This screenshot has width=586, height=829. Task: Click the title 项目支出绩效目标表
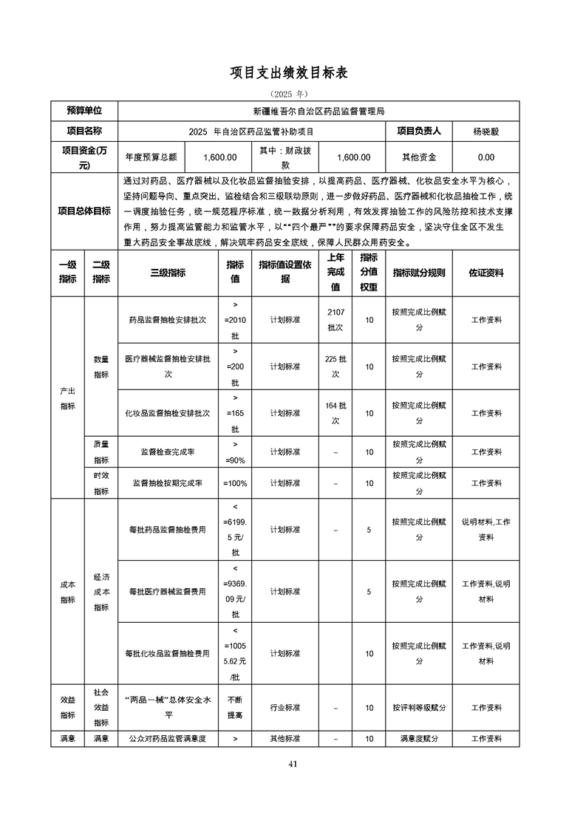293,72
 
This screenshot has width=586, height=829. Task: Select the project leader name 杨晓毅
486,132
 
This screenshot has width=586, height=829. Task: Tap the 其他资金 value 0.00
486,157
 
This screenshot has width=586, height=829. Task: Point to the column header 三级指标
168,273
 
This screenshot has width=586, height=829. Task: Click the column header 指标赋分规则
419,273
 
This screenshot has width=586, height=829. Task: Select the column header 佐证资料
486,273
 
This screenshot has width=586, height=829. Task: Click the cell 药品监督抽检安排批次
168,320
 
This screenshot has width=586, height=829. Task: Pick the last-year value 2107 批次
335,320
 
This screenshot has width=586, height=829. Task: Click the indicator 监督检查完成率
168,451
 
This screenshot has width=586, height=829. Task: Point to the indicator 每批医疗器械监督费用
168,592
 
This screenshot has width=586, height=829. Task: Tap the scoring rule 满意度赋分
419,738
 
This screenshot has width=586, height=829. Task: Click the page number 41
293,764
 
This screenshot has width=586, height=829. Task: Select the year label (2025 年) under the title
293,95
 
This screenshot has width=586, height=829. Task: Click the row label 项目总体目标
84,211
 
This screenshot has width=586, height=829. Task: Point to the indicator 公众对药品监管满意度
168,738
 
